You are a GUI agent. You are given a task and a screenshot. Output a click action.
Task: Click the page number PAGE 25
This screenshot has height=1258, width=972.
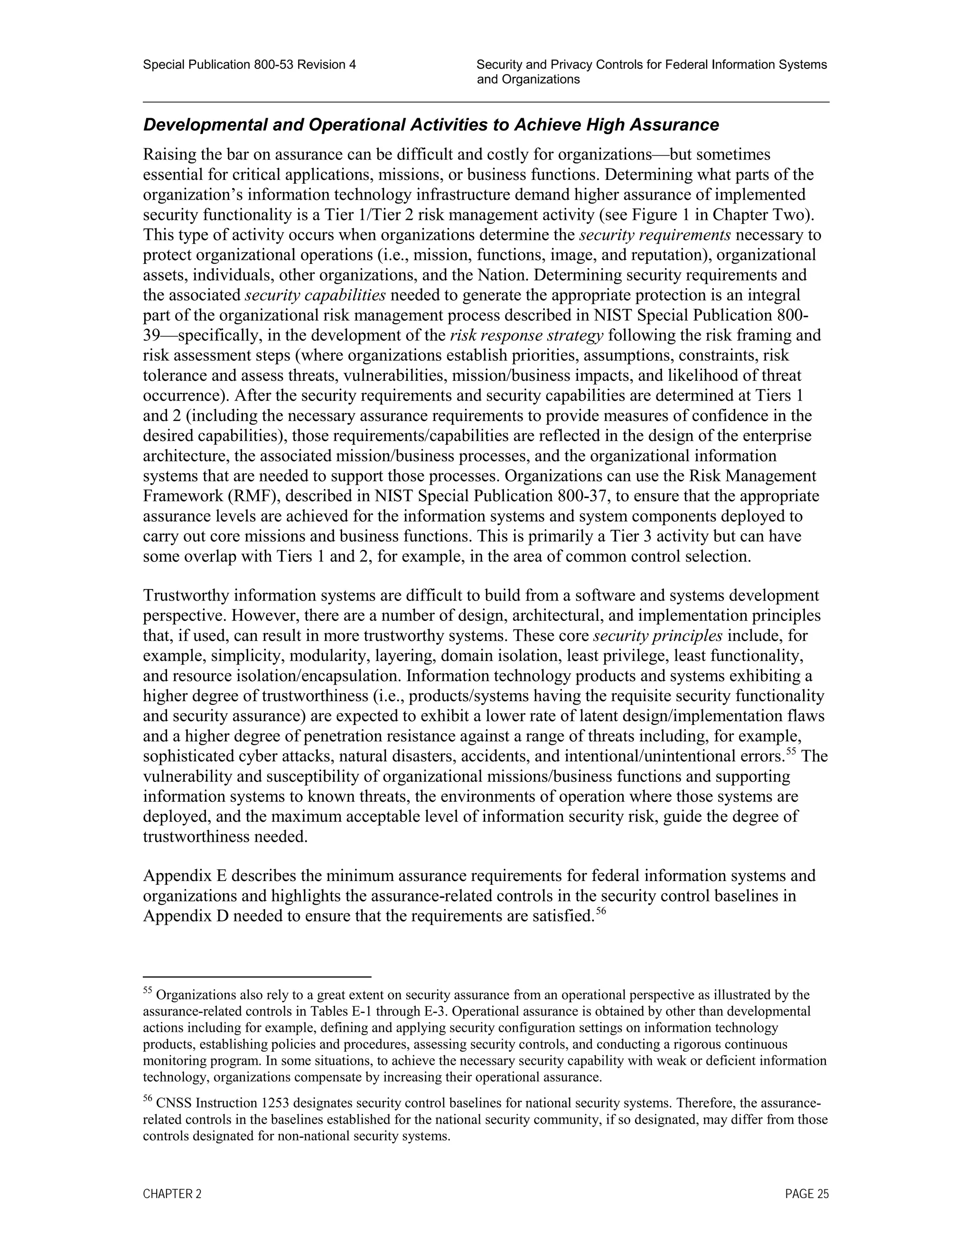[806, 1194]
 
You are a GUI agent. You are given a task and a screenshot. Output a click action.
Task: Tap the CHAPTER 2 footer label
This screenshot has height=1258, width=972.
[172, 1194]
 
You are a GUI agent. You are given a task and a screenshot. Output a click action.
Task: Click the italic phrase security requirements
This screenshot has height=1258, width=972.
[654, 235]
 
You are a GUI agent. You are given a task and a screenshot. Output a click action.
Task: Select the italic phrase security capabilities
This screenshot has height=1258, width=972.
[315, 295]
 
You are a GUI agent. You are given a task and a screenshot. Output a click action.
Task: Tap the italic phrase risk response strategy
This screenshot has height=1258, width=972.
[526, 335]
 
